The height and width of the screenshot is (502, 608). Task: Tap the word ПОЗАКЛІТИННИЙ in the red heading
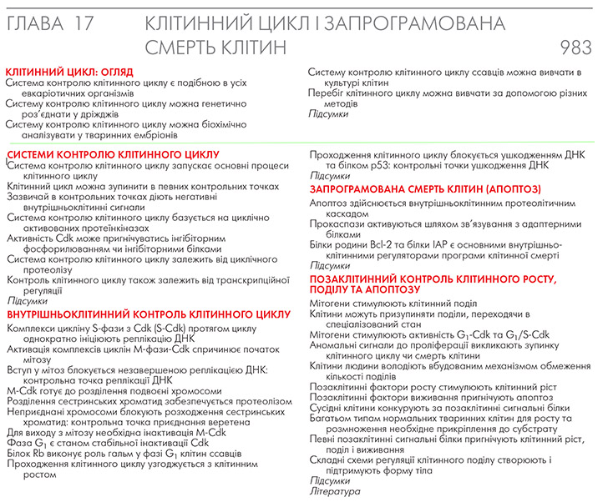360,279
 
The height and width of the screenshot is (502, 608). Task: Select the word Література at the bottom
335,492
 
